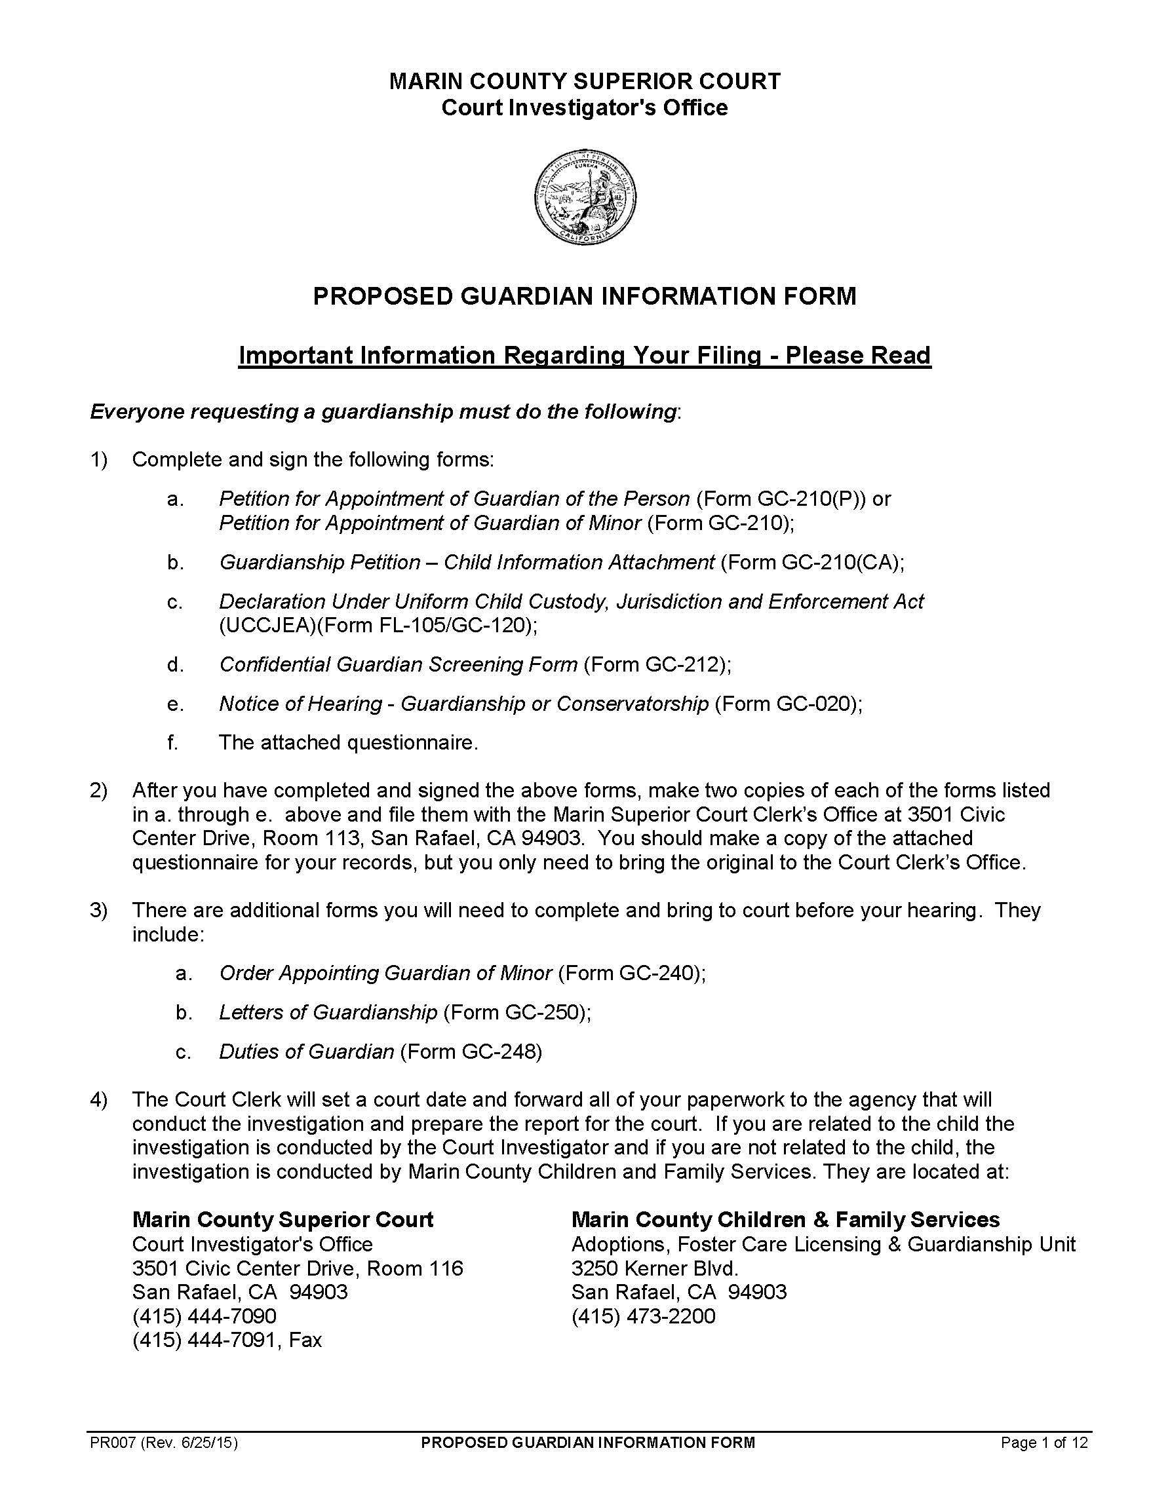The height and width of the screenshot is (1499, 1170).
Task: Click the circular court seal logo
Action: pyautogui.click(x=584, y=197)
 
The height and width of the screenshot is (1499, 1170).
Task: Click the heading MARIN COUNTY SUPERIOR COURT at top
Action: pyautogui.click(x=584, y=82)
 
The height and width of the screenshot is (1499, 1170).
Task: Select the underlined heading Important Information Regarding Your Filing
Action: pyautogui.click(x=584, y=356)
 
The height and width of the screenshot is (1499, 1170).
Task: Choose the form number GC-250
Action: pyautogui.click(x=545, y=1012)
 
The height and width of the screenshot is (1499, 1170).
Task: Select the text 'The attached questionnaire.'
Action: pyautogui.click(x=348, y=743)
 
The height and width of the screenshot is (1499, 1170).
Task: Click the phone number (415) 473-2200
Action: pyautogui.click(x=644, y=1316)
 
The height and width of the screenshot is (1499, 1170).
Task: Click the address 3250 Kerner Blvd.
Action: pyautogui.click(x=654, y=1268)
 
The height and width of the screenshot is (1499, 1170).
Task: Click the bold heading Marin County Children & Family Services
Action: pyautogui.click(x=785, y=1220)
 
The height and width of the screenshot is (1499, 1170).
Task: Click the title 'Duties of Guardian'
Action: pyautogui.click(x=306, y=1052)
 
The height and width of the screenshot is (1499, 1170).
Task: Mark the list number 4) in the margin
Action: pyautogui.click(x=99, y=1099)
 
